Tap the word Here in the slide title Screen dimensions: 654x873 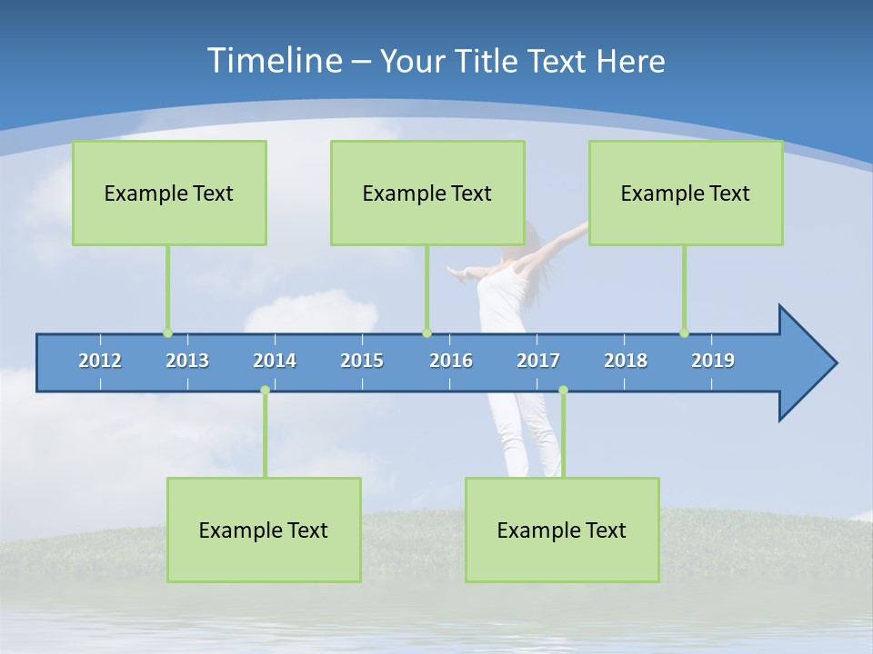pyautogui.click(x=629, y=61)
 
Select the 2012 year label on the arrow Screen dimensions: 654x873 pyautogui.click(x=100, y=361)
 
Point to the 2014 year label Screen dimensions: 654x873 pyautogui.click(x=275, y=361)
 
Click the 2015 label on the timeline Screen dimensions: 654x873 pyautogui.click(x=362, y=361)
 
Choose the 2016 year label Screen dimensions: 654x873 pyautogui.click(x=451, y=361)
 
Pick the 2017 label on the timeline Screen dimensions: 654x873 pyautogui.click(x=538, y=361)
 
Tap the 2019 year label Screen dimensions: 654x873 pyautogui.click(x=713, y=361)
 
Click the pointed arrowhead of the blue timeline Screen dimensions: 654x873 pyautogui.click(x=809, y=363)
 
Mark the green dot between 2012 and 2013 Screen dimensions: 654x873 pyautogui.click(x=167, y=333)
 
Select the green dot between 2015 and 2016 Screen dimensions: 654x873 pyautogui.click(x=427, y=333)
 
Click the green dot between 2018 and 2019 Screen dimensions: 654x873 pyautogui.click(x=684, y=333)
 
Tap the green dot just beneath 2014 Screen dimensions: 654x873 pyautogui.click(x=265, y=390)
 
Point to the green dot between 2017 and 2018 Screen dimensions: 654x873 pyautogui.click(x=563, y=390)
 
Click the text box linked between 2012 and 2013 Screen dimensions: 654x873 pyautogui.click(x=169, y=193)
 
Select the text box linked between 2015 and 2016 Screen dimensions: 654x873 pyautogui.click(x=427, y=193)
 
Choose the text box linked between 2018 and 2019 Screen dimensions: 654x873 pyautogui.click(x=686, y=193)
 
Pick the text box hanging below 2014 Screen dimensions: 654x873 pyautogui.click(x=264, y=530)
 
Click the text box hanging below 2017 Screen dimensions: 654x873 pyautogui.click(x=562, y=530)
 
